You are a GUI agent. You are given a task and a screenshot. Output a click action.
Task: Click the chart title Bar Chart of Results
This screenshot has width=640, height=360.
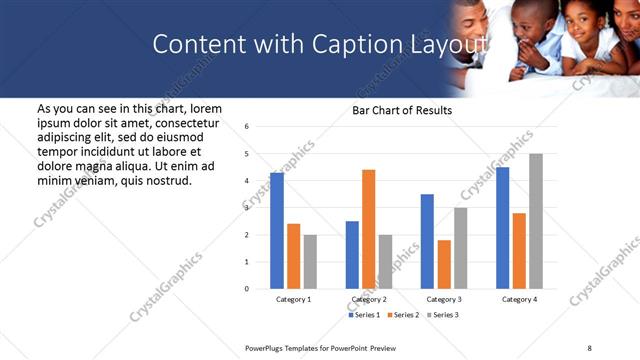(x=402, y=110)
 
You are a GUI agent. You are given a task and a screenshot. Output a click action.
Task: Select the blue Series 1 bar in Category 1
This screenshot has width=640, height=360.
(x=277, y=231)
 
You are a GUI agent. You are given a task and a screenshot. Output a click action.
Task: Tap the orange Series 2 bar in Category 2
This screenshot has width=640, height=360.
(x=368, y=229)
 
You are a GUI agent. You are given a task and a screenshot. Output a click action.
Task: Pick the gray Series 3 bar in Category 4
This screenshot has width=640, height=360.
(x=536, y=221)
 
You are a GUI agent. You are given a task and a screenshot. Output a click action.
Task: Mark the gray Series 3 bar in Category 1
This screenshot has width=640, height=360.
(x=310, y=262)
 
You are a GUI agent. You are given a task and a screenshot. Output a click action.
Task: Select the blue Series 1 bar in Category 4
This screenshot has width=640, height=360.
(x=502, y=228)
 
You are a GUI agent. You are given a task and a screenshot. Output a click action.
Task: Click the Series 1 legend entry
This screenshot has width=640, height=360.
(x=364, y=315)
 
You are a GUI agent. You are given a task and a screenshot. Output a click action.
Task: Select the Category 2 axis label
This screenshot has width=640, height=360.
(x=369, y=299)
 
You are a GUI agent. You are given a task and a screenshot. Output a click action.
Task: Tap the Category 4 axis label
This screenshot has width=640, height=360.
(x=519, y=299)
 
